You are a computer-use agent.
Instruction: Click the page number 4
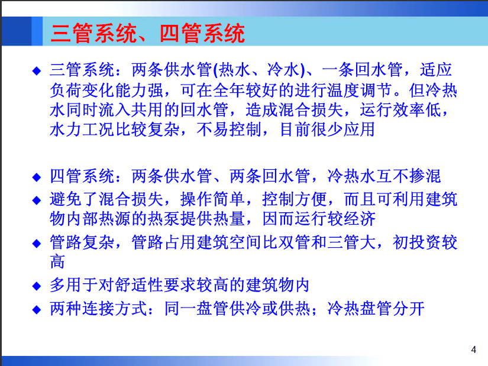[473, 349]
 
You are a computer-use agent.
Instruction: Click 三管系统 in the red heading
[94, 33]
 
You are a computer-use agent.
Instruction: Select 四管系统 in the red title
[202, 33]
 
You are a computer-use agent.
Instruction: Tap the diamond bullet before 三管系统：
[37, 71]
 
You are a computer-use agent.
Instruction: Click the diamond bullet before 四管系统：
[37, 177]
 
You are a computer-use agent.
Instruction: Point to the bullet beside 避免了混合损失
[37, 200]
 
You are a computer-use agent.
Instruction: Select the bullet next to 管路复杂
[37, 244]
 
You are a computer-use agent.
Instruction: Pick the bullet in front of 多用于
[37, 286]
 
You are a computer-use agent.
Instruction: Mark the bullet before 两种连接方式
[37, 310]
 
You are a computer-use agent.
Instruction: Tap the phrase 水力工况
[82, 129]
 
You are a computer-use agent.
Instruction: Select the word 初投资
[417, 242]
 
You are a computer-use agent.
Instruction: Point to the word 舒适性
[140, 285]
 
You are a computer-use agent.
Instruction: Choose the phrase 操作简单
[212, 199]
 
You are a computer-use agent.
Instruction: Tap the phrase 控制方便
[295, 199]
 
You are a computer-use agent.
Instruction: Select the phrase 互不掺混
[408, 176]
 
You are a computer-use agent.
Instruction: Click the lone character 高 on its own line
[57, 261]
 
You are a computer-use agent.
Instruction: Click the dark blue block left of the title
[17, 31]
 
